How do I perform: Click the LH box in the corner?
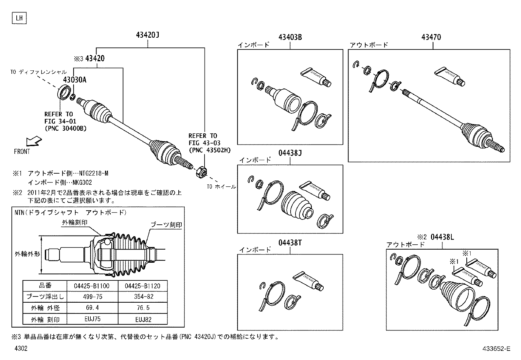coord(19,18)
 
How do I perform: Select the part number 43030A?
coord(75,80)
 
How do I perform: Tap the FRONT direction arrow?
coord(34,142)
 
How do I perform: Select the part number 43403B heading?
coord(290,37)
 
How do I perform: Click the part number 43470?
coord(431,37)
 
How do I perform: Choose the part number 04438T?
coord(290,243)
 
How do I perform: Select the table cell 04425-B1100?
coord(92,286)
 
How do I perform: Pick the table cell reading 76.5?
coord(142,308)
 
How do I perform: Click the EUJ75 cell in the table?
coord(92,319)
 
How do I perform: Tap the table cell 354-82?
coord(142,297)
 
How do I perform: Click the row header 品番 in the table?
coord(45,286)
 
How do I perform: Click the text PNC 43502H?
coord(209,150)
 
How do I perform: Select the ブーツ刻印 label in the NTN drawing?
coord(166,225)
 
